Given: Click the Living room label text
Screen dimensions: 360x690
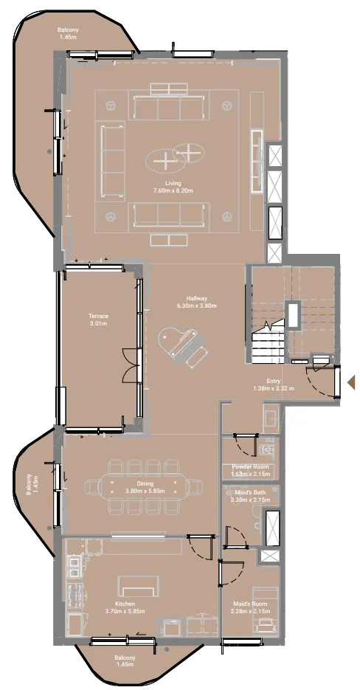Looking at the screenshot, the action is [173, 183].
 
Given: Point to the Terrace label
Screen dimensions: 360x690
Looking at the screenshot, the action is [98, 316].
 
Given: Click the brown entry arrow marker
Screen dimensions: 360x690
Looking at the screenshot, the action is [351, 382].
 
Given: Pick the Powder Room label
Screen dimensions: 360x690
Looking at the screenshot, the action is [250, 466].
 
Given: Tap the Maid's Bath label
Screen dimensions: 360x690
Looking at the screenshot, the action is [250, 492].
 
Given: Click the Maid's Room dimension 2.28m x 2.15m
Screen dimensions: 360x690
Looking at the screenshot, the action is [250, 611].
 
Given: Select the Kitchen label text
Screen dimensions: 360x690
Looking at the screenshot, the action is [125, 604].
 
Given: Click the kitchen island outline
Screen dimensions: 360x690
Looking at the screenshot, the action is [139, 586].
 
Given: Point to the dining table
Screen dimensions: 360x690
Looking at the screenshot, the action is [145, 487].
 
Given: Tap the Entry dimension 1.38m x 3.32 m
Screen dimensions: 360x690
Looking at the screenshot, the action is [274, 388].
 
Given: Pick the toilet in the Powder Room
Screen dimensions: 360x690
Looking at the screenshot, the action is [268, 449].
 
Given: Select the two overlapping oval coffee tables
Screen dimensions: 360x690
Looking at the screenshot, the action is [175, 158].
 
